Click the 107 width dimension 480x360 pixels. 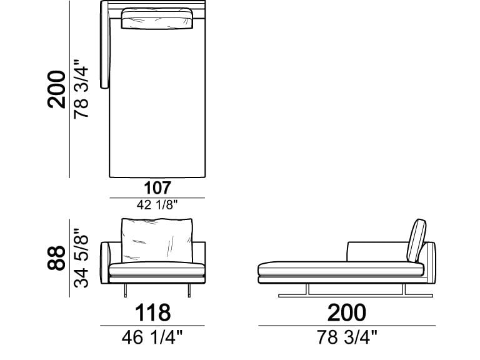click(x=157, y=188)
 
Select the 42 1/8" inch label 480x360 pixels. click(x=157, y=205)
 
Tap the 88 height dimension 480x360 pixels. click(x=56, y=257)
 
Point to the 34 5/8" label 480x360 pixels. click(x=81, y=258)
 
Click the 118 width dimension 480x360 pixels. click(x=152, y=312)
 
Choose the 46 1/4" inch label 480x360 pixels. click(x=152, y=337)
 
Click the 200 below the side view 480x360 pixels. click(x=346, y=312)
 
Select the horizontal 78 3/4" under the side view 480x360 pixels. click(x=347, y=337)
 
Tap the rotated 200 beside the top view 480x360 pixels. click(x=56, y=89)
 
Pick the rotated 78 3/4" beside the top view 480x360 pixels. click(x=81, y=89)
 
